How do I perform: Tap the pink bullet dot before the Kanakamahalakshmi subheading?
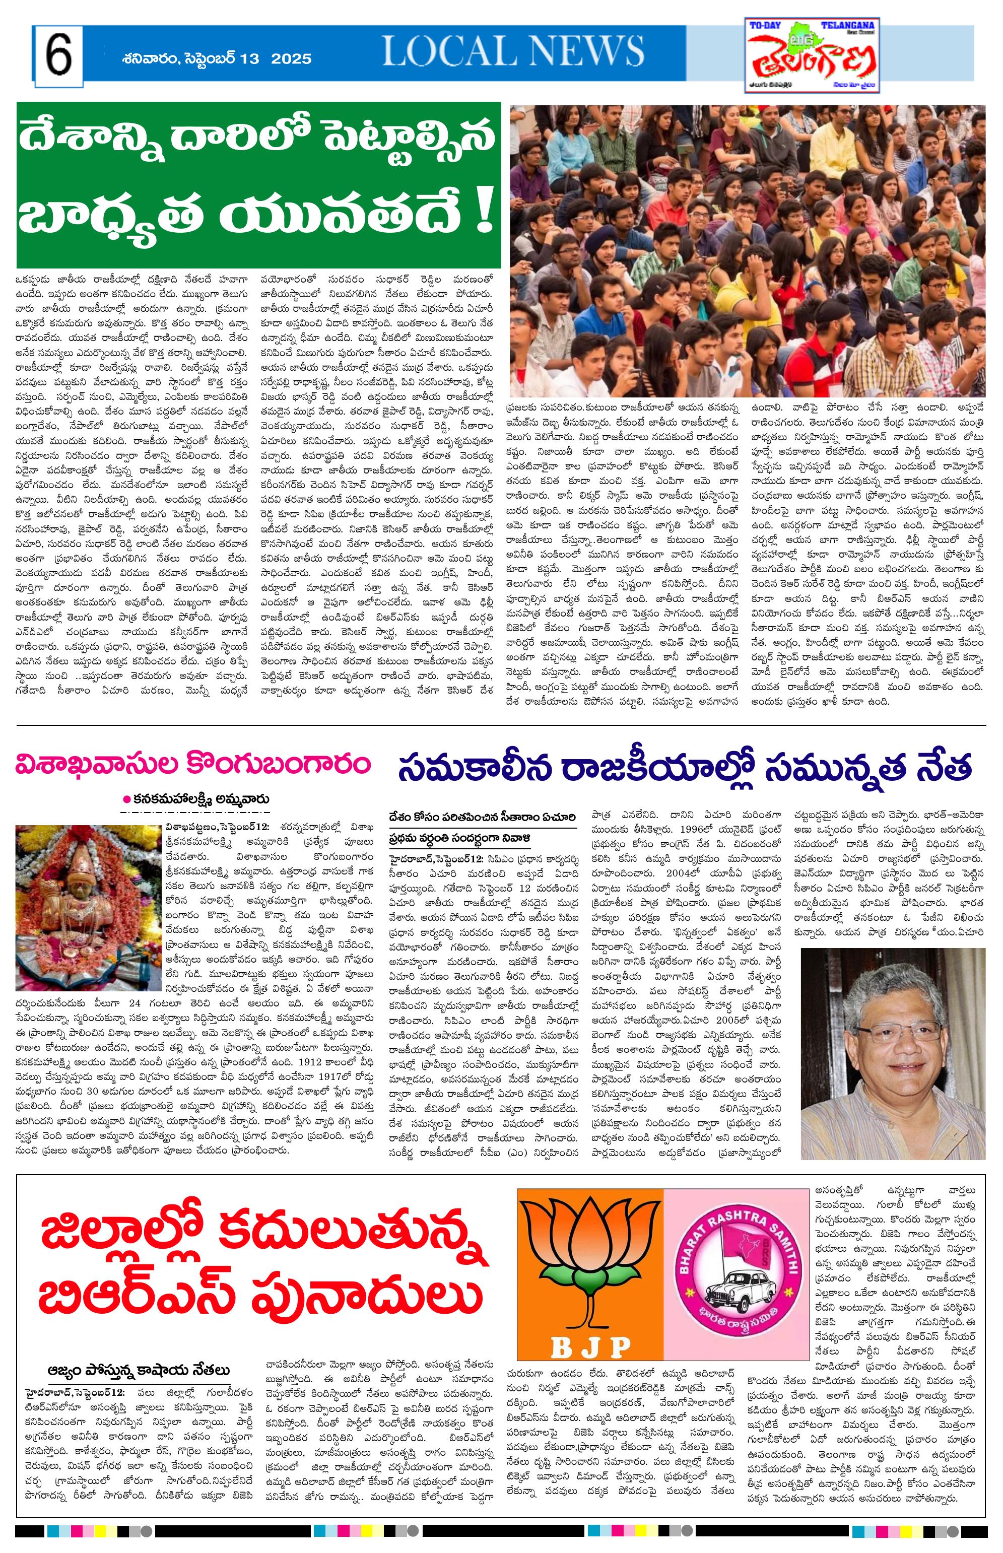127,799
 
